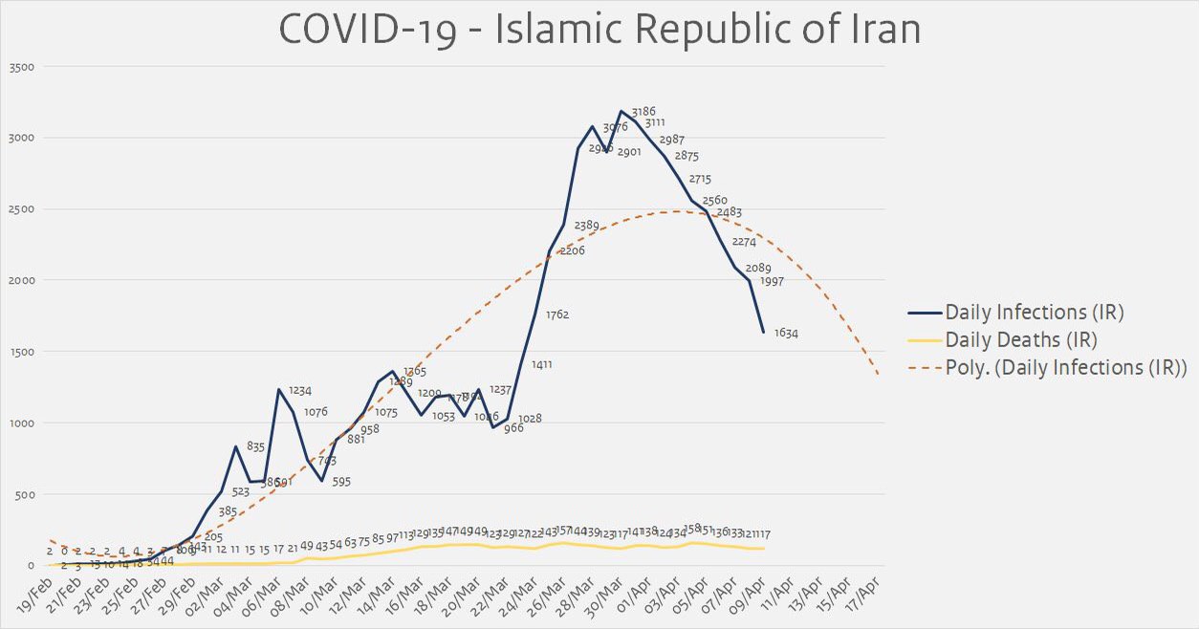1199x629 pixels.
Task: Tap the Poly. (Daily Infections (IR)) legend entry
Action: [1065, 368]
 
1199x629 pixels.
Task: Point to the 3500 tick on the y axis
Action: [22, 66]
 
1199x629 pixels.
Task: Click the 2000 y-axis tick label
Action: [22, 280]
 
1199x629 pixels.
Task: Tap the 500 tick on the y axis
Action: [26, 494]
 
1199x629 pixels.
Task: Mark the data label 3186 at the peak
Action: [643, 112]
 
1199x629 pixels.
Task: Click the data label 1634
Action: [786, 334]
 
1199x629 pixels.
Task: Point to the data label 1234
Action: [300, 390]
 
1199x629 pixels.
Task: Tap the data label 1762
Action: [557, 314]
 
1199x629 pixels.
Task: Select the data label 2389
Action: [586, 226]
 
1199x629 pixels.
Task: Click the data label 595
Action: [341, 482]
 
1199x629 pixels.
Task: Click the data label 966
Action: [513, 428]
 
